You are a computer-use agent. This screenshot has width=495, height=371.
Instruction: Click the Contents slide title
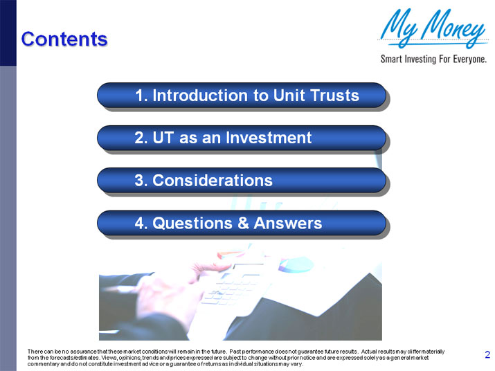[64, 39]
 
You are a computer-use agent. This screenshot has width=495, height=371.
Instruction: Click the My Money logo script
[433, 29]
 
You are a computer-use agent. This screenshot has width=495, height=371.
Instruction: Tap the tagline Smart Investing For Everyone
[433, 59]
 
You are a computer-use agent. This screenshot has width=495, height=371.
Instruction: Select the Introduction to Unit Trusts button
[241, 96]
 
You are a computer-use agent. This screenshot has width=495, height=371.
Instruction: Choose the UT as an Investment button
[241, 138]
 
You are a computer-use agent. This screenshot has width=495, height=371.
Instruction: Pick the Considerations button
[241, 181]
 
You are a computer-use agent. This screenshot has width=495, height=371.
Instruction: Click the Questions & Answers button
[241, 224]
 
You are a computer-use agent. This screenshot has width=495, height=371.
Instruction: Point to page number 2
[487, 355]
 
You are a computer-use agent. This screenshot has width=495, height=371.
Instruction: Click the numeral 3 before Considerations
[140, 181]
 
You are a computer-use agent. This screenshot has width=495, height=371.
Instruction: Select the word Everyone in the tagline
[467, 59]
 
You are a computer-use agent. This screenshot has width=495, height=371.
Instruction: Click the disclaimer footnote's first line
[235, 352]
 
